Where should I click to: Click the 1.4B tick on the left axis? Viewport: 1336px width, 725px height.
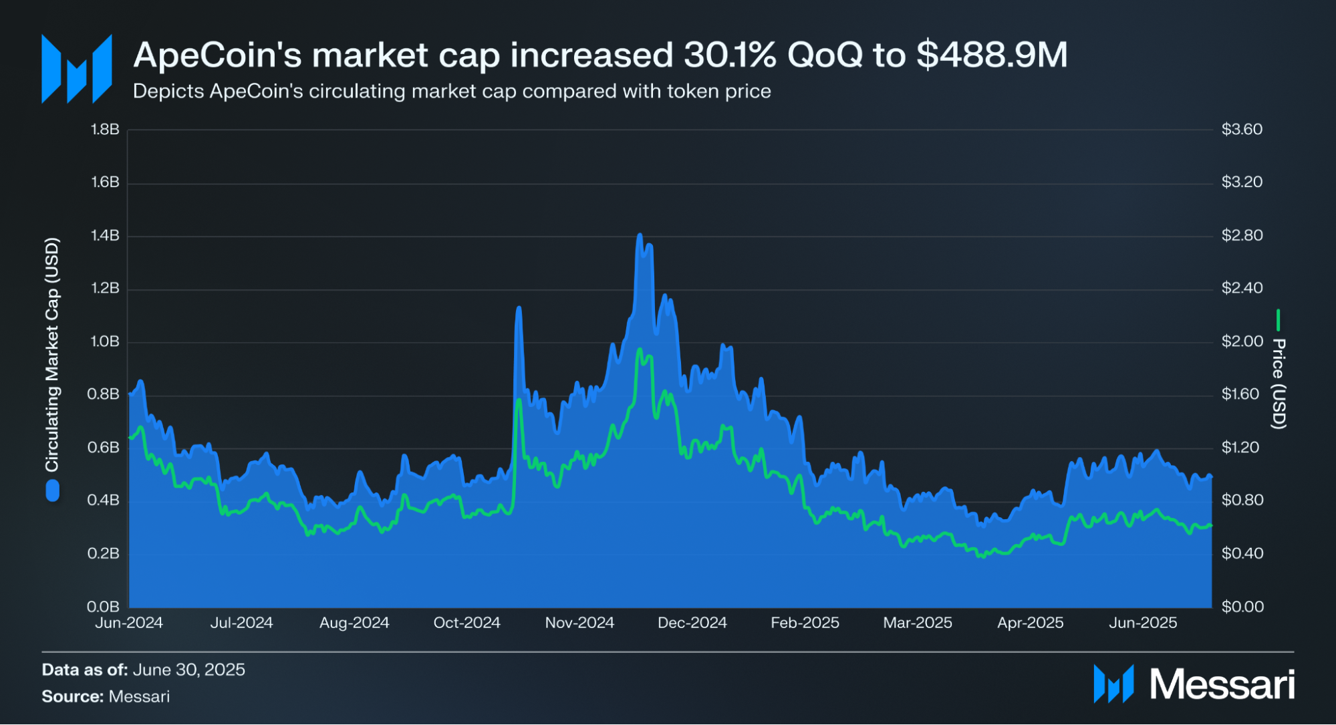click(x=105, y=235)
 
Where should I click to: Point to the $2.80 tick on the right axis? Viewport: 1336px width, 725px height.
click(x=1242, y=235)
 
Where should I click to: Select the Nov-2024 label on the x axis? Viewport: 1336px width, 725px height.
click(x=579, y=623)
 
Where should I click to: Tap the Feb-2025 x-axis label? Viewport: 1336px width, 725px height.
click(x=805, y=623)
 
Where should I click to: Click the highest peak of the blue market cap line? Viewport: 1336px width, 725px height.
click(x=640, y=235)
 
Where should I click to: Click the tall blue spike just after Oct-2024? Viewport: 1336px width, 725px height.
click(x=519, y=308)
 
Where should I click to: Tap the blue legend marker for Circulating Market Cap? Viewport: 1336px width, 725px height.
click(x=52, y=492)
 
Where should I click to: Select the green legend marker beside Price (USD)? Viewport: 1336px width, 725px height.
click(x=1278, y=320)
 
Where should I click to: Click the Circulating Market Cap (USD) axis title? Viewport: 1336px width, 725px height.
click(x=52, y=354)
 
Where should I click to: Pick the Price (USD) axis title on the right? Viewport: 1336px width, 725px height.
click(x=1278, y=384)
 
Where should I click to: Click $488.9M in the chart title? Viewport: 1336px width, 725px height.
click(x=992, y=55)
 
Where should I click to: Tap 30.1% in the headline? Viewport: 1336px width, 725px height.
click(x=730, y=55)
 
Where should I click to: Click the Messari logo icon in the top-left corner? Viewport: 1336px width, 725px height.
click(x=76, y=69)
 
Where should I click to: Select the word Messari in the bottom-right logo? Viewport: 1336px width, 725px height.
click(x=1222, y=684)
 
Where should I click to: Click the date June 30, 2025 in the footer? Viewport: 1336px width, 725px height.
click(x=188, y=670)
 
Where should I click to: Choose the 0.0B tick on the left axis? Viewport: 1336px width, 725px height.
click(x=103, y=607)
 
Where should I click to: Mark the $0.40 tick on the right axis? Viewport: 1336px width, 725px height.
click(x=1242, y=553)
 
